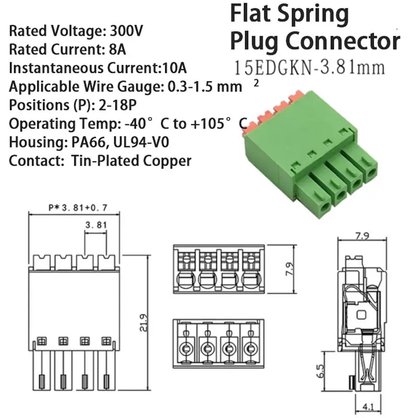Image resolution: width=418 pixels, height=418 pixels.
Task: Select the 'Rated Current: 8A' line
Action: point(68,50)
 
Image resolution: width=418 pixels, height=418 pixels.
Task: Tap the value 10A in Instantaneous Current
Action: point(178,68)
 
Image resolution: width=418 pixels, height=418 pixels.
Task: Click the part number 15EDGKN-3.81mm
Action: point(310,67)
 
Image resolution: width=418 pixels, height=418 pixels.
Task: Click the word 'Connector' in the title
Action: point(345,41)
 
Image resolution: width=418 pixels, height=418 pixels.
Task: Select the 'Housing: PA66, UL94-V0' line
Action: point(90,142)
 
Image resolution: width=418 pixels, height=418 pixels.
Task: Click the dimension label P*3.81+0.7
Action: point(77,207)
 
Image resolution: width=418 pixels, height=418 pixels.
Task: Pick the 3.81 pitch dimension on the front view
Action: point(96,226)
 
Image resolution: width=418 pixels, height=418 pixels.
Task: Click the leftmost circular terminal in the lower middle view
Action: point(186,349)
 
